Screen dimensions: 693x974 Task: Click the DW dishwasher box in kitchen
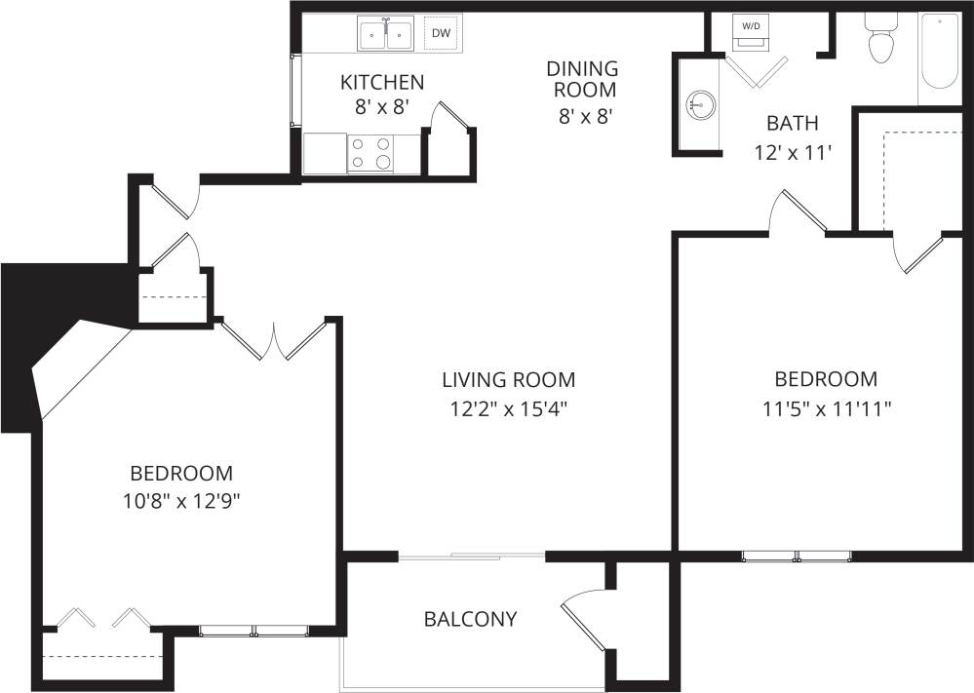(x=441, y=34)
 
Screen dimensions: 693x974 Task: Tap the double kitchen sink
(x=387, y=35)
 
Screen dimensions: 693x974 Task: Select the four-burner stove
(x=371, y=153)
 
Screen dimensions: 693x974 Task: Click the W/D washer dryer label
(x=751, y=26)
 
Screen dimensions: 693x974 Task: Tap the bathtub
(x=941, y=51)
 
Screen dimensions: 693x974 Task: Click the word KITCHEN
(x=382, y=82)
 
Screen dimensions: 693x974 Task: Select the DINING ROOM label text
(x=582, y=79)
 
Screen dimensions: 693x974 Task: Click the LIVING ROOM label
(x=508, y=379)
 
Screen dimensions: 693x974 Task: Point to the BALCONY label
(x=470, y=619)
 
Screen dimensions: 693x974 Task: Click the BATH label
(x=792, y=124)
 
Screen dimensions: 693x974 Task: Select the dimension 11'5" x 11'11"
(x=826, y=408)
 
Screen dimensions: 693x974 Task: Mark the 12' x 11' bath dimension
(x=792, y=153)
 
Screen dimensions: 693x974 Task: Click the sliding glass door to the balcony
(x=473, y=556)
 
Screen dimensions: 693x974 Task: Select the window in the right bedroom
(x=797, y=557)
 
